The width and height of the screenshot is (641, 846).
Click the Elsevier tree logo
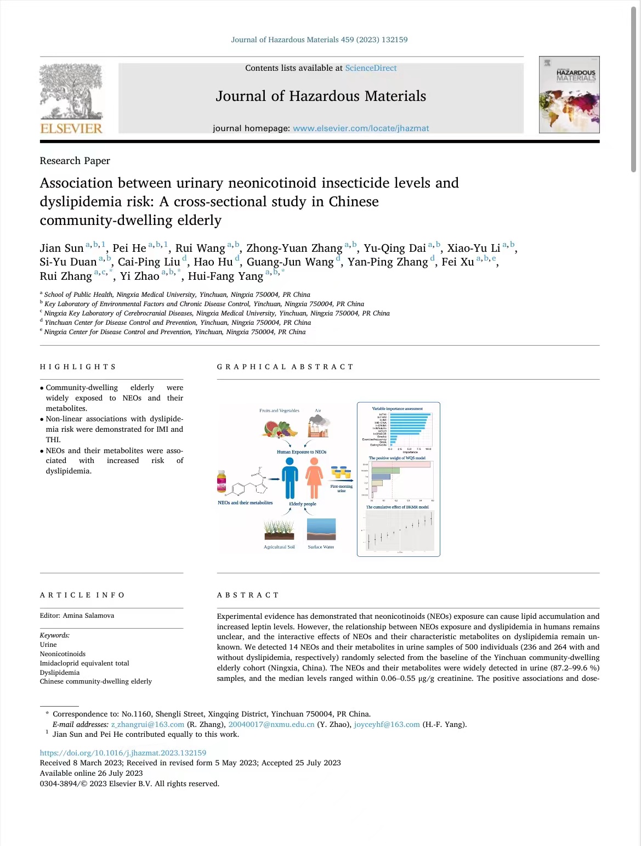[x=71, y=92]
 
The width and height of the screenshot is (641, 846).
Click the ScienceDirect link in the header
[x=371, y=68]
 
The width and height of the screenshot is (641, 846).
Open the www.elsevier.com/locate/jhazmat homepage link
[x=361, y=128]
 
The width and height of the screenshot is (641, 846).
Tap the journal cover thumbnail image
[x=569, y=94]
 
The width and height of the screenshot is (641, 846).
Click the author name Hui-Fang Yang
[x=225, y=277]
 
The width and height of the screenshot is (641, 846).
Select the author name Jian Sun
[x=61, y=249]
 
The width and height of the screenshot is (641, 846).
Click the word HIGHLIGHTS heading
[x=78, y=367]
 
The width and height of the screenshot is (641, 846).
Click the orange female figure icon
[x=314, y=478]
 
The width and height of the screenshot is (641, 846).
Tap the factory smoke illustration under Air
[x=319, y=426]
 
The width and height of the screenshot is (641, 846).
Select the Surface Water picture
[x=321, y=529]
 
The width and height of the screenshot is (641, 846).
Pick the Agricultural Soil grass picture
[x=279, y=530]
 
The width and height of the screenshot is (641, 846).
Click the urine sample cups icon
[x=341, y=472]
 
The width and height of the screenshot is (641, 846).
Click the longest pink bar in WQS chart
[x=401, y=465]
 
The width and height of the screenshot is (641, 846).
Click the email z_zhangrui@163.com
[x=148, y=724]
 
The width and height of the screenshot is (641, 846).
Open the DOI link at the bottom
[x=123, y=753]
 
